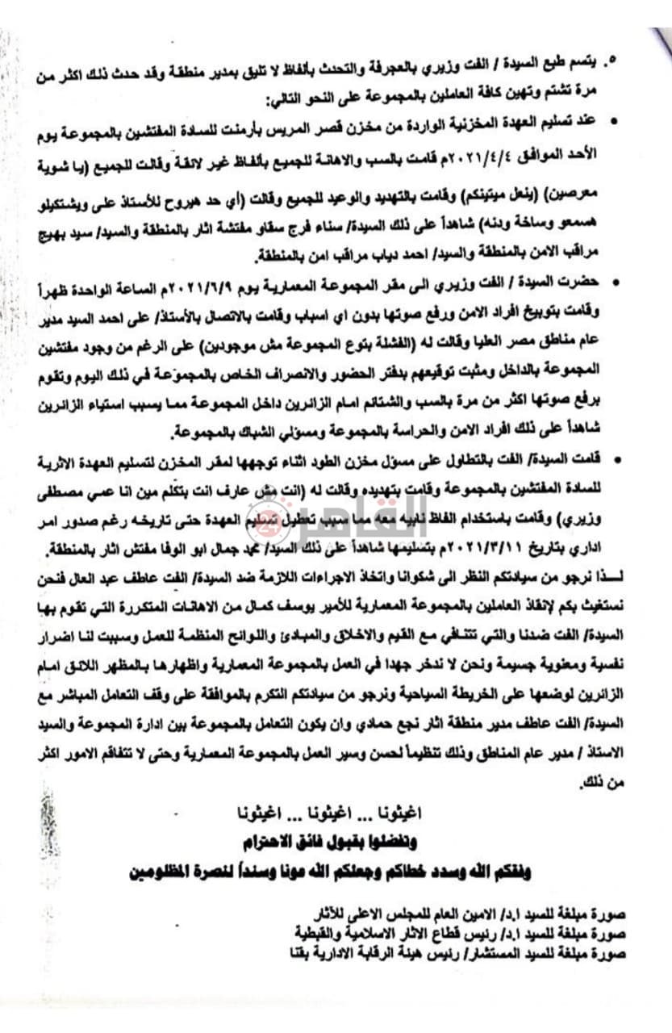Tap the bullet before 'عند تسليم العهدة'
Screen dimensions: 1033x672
(x=616, y=121)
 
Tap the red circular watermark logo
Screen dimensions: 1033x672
(x=269, y=522)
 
